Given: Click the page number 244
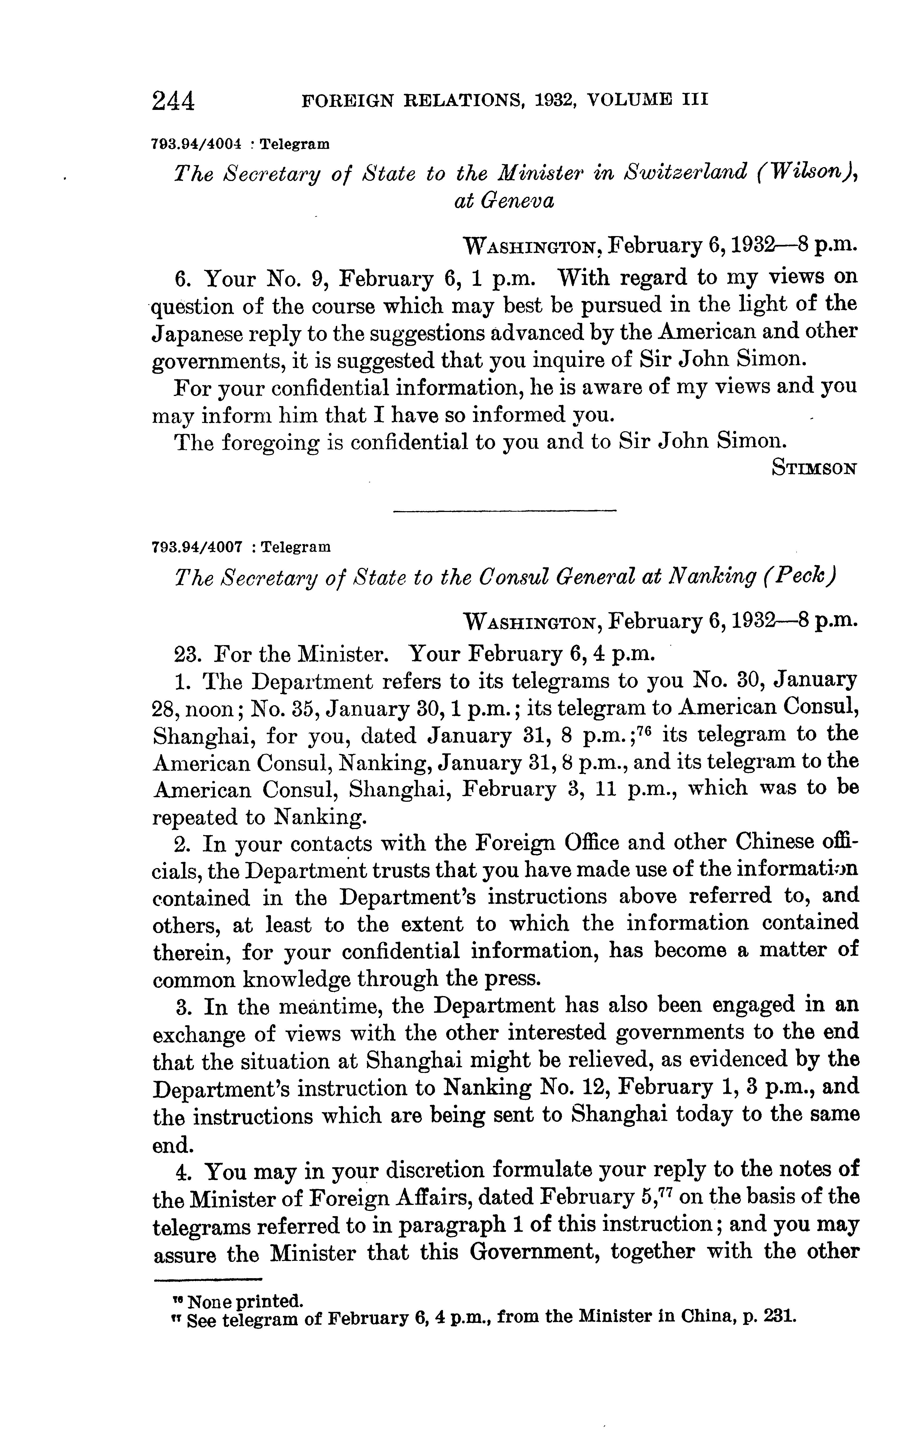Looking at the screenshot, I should pos(173,101).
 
